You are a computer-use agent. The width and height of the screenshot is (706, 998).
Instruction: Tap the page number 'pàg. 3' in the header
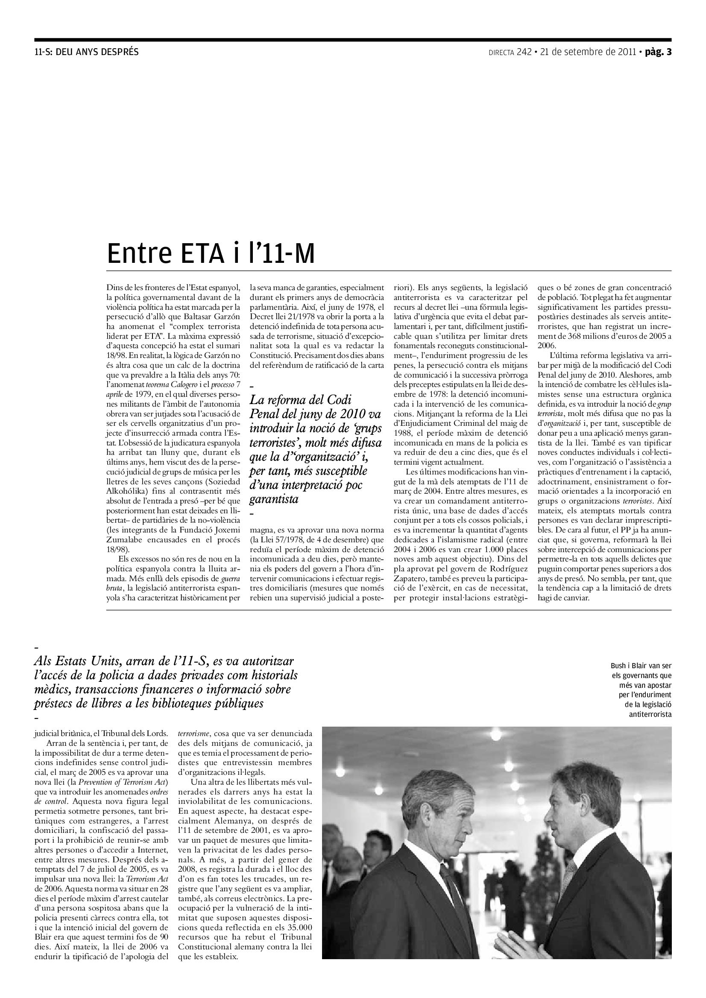[x=658, y=52]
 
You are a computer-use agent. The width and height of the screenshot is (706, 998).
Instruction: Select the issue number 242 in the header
[x=524, y=52]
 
